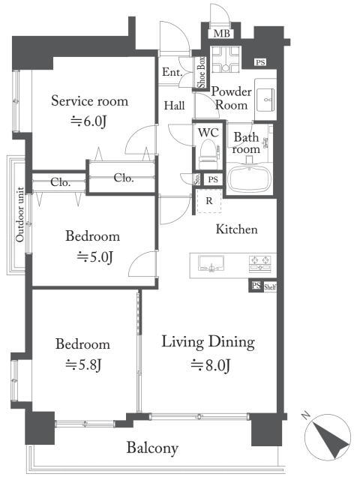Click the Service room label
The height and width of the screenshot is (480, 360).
[90, 101]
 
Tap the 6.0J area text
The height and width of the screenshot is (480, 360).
[88, 121]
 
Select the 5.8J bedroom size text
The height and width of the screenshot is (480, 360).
[83, 364]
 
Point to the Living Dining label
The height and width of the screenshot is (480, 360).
[208, 342]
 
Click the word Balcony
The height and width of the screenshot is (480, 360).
[152, 448]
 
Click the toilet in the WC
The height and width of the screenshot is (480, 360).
[208, 154]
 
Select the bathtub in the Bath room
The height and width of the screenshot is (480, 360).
[250, 180]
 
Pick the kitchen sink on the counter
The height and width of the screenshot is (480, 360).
[211, 263]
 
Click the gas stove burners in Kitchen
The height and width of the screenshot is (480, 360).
[260, 263]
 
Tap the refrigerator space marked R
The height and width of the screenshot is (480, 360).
[209, 201]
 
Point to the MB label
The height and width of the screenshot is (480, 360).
[222, 33]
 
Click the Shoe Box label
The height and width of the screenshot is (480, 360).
[201, 72]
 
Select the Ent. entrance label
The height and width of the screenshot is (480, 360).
[172, 72]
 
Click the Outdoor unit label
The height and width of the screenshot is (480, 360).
[20, 214]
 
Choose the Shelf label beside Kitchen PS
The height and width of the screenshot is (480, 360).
[270, 287]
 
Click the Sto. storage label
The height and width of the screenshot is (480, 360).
[197, 179]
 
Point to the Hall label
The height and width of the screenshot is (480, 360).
[174, 106]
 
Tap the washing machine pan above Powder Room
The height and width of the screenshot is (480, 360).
[226, 60]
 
